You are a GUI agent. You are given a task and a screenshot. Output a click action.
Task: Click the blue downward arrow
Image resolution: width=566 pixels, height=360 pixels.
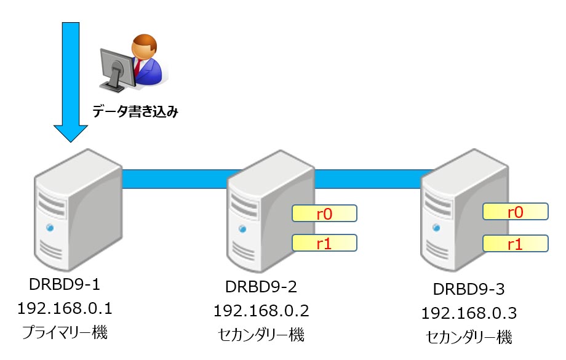click(71, 80)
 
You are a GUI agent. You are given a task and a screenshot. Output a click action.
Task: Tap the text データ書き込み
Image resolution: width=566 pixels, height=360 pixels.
click(135, 112)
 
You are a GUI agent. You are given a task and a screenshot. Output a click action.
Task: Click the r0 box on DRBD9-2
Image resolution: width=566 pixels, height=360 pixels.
click(324, 214)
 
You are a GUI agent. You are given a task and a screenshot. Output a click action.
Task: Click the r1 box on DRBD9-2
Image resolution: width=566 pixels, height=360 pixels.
click(324, 243)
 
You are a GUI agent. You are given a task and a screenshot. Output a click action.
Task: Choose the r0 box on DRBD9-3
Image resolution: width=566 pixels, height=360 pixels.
click(515, 212)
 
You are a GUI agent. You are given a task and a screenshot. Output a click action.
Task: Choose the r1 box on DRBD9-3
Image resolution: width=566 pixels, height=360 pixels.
click(515, 244)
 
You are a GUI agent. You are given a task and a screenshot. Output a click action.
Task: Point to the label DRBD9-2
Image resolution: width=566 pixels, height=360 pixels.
click(261, 287)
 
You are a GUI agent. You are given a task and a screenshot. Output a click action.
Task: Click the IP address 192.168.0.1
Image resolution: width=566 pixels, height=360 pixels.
click(65, 308)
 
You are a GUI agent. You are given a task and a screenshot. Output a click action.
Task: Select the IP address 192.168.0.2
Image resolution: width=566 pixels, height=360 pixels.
click(261, 311)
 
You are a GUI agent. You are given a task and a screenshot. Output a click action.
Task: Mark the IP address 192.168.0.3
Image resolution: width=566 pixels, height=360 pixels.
click(468, 313)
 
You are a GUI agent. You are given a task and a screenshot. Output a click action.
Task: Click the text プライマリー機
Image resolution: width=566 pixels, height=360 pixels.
click(65, 333)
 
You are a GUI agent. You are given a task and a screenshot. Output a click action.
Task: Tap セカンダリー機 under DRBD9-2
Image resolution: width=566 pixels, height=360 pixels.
click(261, 335)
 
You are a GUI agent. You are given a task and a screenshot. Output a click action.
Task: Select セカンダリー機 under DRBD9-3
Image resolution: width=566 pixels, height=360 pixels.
click(468, 337)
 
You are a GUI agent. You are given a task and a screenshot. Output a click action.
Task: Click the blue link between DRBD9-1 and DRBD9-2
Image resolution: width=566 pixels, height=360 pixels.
click(175, 178)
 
